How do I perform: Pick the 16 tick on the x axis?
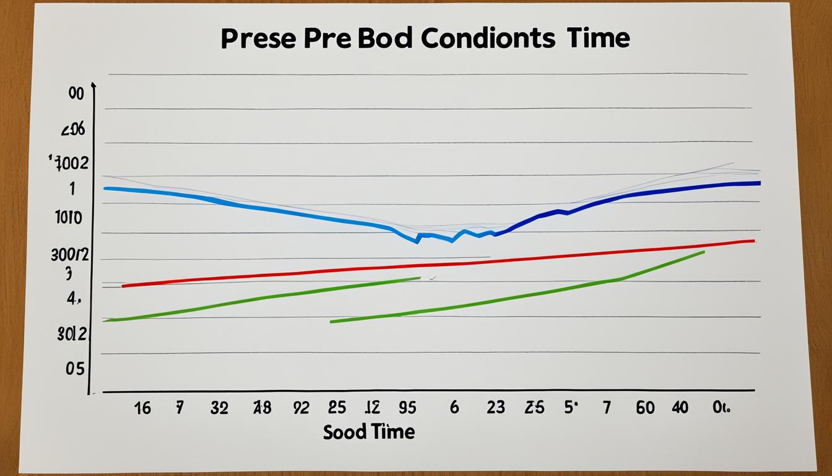pos(142,407)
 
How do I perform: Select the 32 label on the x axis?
pos(219,407)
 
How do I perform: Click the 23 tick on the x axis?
pos(495,407)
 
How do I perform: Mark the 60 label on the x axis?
pos(645,407)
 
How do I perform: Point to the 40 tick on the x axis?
pos(680,407)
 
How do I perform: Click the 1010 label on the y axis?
pos(68,218)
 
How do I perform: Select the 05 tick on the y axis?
pos(74,369)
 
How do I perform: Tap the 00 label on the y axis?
pos(76,94)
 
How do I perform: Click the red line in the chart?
pos(433,265)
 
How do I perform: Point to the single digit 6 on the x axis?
pos(454,407)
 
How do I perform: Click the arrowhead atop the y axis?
pos(93,86)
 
